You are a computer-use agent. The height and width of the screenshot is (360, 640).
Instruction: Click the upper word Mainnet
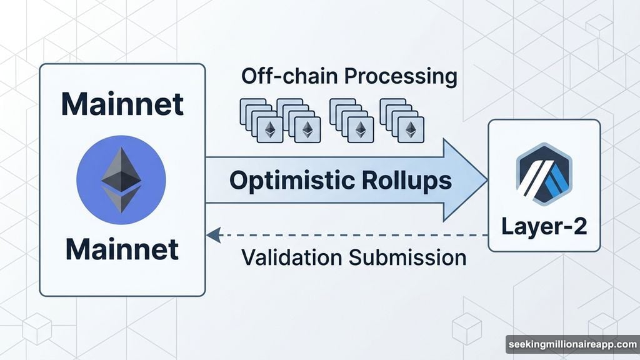tap(122, 104)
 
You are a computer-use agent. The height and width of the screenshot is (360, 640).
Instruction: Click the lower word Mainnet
tap(122, 249)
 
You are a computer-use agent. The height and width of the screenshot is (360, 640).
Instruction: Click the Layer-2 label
tap(544, 226)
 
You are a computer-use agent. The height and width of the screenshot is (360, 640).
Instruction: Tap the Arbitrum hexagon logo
tap(544, 174)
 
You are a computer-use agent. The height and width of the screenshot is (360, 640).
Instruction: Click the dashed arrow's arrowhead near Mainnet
tap(212, 235)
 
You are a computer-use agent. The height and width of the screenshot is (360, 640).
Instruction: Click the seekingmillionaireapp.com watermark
tap(572, 344)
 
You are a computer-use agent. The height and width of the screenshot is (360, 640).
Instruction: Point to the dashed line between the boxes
tap(350, 235)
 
